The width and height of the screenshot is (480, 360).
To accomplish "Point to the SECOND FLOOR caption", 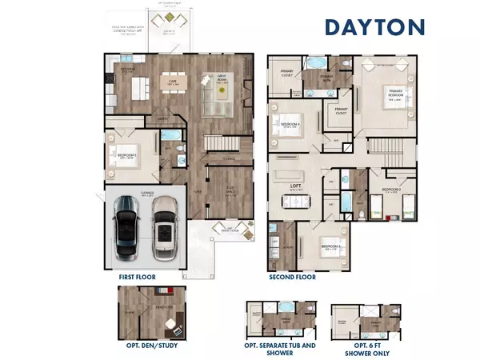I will (291, 276).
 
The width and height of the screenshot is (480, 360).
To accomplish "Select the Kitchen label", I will (126, 71).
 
